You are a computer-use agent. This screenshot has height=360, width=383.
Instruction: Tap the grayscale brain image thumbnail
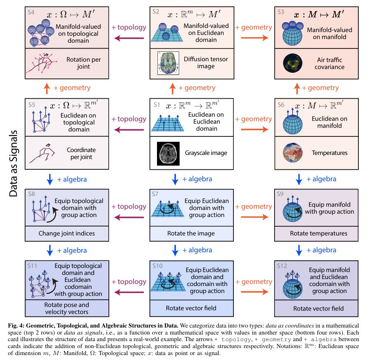click(168, 153)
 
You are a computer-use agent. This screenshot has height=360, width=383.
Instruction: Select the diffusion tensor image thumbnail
click(168, 63)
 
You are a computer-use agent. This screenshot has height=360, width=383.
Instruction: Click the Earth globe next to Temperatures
click(293, 153)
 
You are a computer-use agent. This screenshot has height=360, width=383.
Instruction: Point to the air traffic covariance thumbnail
click(293, 63)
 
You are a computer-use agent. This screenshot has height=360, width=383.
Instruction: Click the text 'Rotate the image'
click(191, 233)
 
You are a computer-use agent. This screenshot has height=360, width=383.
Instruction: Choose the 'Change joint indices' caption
click(67, 233)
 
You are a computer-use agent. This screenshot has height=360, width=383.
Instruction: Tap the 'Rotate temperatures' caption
click(318, 233)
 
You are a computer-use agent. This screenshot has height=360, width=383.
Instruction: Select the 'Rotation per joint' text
click(83, 63)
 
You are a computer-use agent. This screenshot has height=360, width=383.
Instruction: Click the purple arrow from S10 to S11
click(129, 292)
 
